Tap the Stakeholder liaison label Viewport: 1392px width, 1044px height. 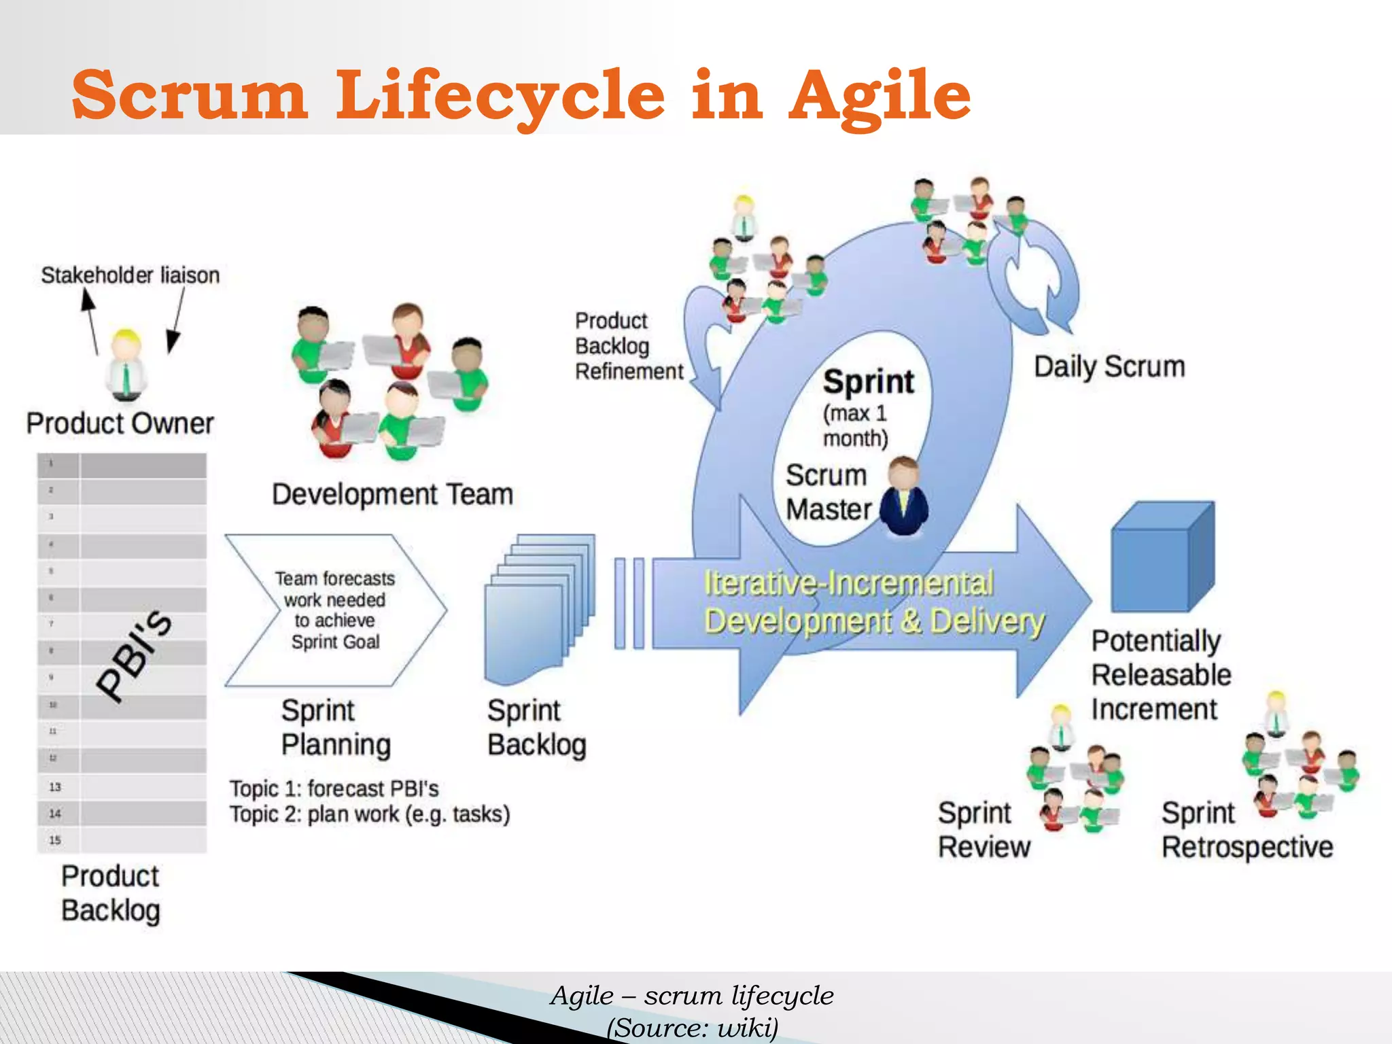click(130, 275)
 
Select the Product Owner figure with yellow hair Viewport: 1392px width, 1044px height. click(126, 364)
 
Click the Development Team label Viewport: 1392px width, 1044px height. click(392, 494)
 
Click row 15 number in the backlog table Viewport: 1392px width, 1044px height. click(55, 840)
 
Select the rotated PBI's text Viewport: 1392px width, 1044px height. click(134, 655)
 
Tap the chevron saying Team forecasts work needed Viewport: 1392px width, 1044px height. click(335, 610)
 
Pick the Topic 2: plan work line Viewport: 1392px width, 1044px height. click(369, 814)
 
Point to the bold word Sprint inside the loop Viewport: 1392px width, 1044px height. click(868, 382)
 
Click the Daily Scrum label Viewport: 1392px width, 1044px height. click(1109, 367)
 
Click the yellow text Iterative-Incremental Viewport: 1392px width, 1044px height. click(848, 583)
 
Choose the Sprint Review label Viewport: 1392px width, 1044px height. click(983, 830)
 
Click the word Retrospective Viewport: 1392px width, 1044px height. click(1247, 848)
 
